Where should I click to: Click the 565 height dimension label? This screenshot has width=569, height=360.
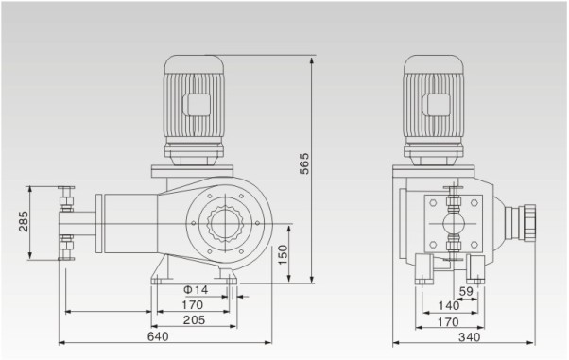[x=304, y=163]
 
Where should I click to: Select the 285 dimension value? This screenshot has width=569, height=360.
[x=24, y=221]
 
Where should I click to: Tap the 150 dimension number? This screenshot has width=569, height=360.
[x=283, y=255]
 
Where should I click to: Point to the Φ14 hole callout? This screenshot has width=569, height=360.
[x=196, y=289]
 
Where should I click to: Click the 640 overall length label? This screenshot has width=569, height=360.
[x=158, y=336]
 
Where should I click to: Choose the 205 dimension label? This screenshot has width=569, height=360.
[x=194, y=320]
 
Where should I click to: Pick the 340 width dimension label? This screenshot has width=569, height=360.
[x=469, y=337]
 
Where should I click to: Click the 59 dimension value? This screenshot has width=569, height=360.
[x=466, y=291]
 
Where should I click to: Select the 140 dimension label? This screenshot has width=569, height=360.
[x=449, y=306]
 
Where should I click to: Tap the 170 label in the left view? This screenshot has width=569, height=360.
[x=192, y=305]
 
